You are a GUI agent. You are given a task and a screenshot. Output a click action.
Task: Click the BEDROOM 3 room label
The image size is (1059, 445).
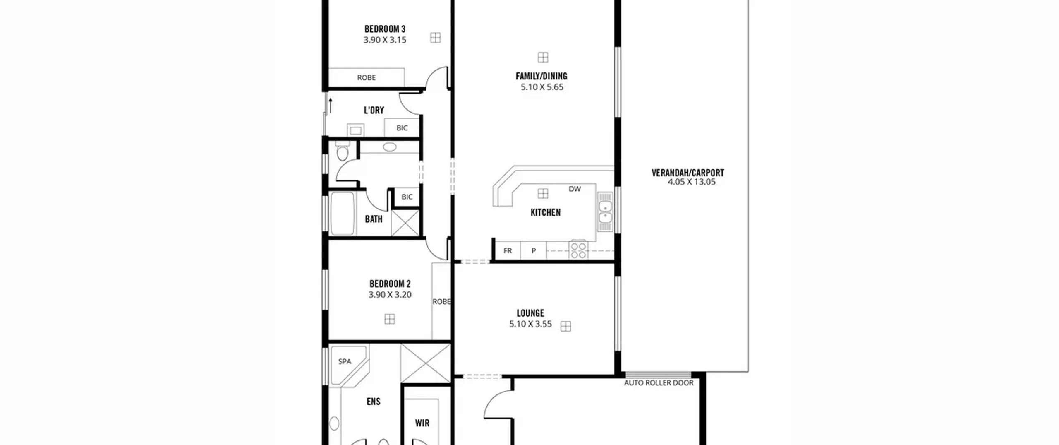[x=385, y=29]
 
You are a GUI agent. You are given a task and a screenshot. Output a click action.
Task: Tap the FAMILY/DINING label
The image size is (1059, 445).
[x=541, y=76]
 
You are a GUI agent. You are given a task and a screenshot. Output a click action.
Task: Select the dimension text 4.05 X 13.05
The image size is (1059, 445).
[x=691, y=182]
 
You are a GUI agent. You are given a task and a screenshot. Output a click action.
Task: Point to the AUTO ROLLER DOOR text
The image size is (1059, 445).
[x=659, y=383]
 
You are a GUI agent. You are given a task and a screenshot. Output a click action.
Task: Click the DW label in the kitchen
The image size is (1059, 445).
[x=575, y=189]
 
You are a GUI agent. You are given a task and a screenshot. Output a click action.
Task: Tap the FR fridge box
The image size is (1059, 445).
[x=508, y=250]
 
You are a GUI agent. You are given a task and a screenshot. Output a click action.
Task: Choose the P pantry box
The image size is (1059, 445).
[x=534, y=250]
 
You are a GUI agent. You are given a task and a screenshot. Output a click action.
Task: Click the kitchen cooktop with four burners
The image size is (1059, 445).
[x=578, y=250]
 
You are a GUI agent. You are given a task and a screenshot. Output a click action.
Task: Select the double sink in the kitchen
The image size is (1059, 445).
[x=605, y=212]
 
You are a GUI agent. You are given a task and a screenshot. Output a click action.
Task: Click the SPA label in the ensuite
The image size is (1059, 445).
[x=345, y=361]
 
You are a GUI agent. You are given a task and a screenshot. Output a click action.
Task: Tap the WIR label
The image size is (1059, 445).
[x=422, y=423]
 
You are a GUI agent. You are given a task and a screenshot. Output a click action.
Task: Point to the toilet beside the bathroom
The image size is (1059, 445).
[x=343, y=151]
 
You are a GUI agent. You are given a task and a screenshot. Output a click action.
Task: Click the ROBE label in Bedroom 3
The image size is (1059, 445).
[x=367, y=77]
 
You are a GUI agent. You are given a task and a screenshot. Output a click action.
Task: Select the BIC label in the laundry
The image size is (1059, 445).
[x=402, y=128]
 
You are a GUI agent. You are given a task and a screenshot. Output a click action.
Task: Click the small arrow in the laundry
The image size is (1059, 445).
[x=331, y=105]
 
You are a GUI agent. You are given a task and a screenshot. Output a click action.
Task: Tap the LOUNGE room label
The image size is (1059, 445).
[x=530, y=313]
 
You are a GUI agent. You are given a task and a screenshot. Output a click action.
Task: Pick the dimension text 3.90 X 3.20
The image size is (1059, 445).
[x=390, y=295]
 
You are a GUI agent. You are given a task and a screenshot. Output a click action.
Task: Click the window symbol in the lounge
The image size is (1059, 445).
[x=565, y=326]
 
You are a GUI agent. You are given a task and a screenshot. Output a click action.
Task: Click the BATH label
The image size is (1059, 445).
[x=374, y=219]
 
